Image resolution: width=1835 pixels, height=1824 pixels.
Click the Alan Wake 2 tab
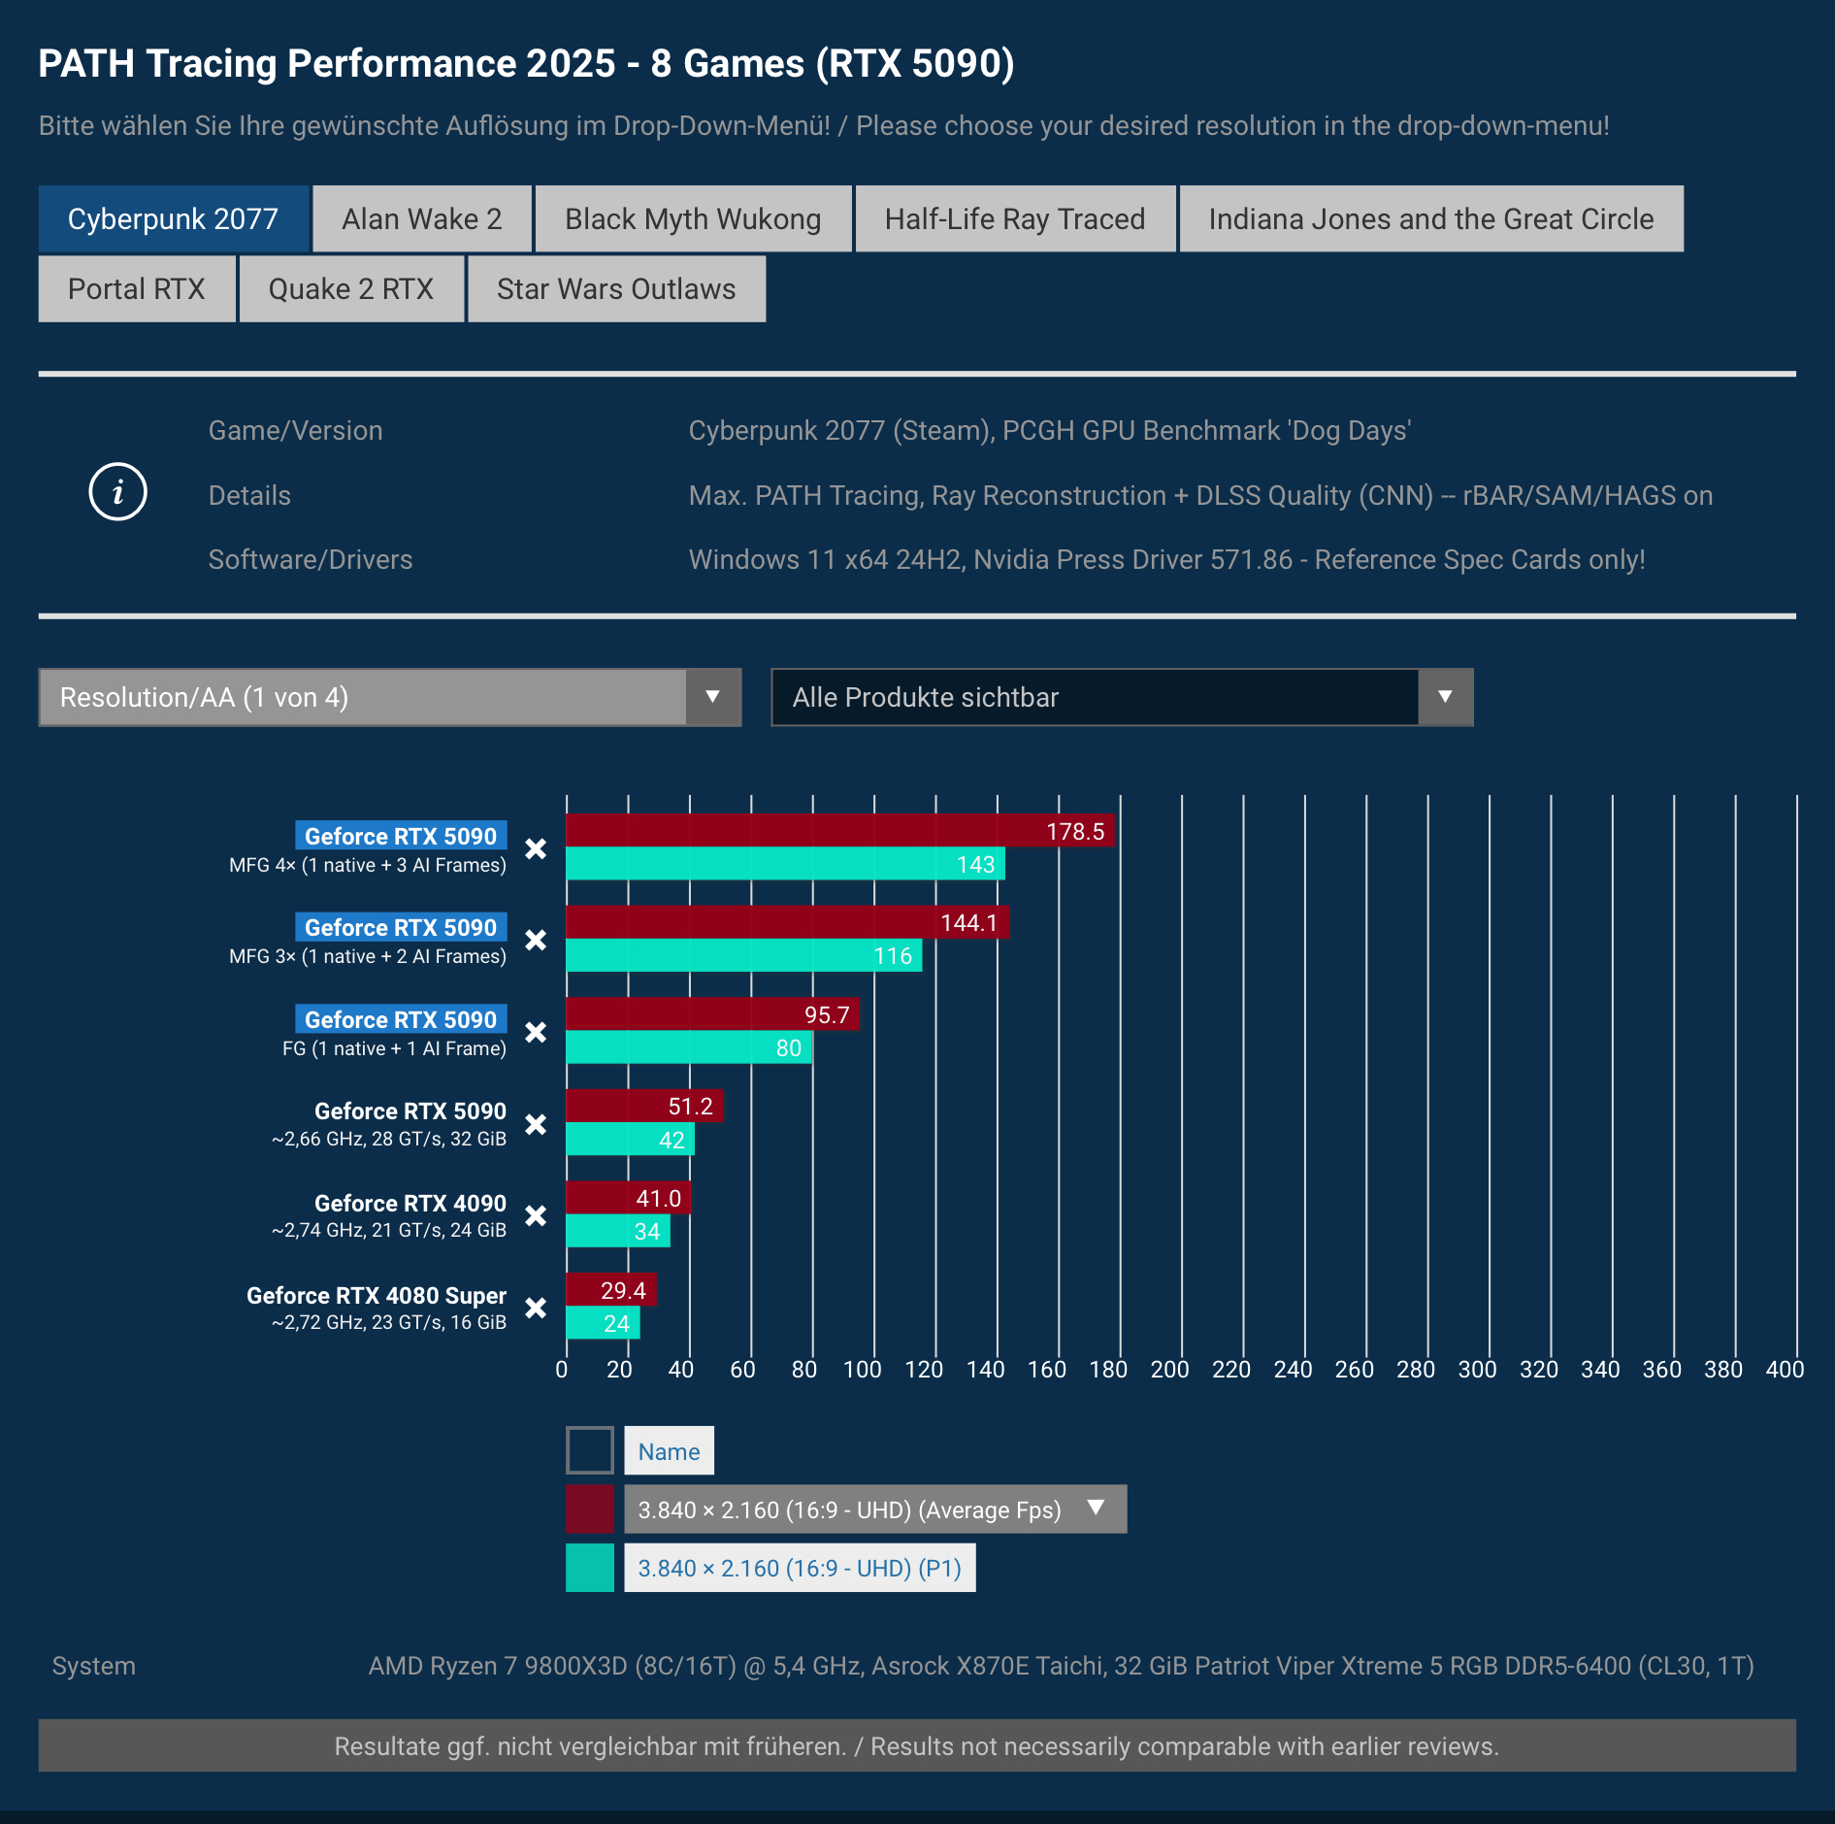(421, 219)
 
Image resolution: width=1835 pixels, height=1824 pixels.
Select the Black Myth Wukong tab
(693, 219)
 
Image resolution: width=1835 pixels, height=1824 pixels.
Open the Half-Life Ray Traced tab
(1014, 219)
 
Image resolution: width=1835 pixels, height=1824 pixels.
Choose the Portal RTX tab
(137, 289)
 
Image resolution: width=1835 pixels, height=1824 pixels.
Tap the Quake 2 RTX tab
(350, 289)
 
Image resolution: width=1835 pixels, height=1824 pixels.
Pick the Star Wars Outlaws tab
(616, 289)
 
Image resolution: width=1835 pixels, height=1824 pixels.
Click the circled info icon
(117, 492)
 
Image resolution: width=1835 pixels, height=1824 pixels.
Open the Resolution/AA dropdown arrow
(712, 697)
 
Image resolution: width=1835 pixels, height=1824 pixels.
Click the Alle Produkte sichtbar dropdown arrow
(1445, 697)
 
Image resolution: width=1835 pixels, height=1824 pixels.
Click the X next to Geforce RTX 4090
(536, 1215)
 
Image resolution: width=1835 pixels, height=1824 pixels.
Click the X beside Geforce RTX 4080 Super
(536, 1308)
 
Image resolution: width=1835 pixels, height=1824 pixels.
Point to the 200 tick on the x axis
(1170, 1370)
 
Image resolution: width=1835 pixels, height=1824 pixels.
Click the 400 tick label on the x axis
(1785, 1370)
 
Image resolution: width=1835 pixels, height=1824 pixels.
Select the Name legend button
(669, 1451)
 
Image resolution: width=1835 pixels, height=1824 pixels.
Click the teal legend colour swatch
(590, 1568)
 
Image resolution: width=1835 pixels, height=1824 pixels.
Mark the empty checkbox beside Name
(590, 1450)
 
